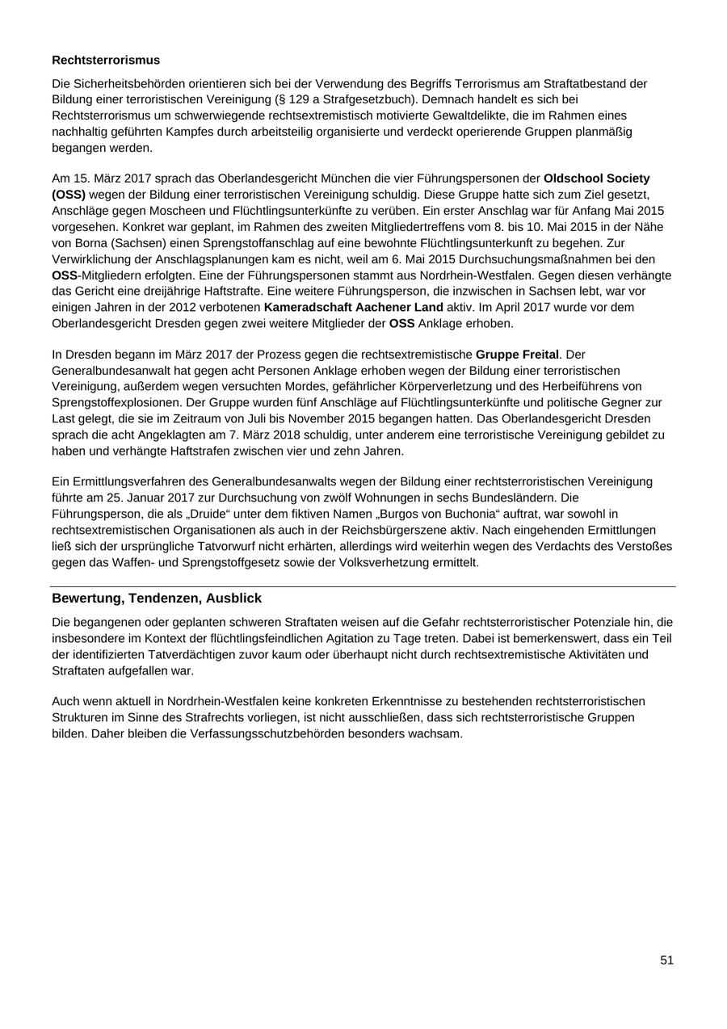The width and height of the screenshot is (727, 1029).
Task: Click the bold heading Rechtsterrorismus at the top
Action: click(x=106, y=61)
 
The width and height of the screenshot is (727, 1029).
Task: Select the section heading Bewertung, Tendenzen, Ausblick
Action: click(x=157, y=598)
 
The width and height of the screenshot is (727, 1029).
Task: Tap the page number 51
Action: click(x=666, y=960)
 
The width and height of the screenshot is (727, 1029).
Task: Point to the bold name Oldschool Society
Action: click(x=597, y=178)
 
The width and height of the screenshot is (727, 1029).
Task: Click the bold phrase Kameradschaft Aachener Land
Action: click(x=353, y=308)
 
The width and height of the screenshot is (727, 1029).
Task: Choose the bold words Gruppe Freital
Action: click(x=517, y=355)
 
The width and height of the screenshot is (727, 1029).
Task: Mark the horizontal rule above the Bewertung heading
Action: click(x=363, y=587)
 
